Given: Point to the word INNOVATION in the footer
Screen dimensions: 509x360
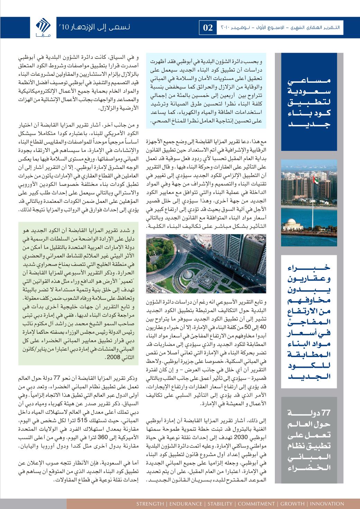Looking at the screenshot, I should point(327,503).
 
